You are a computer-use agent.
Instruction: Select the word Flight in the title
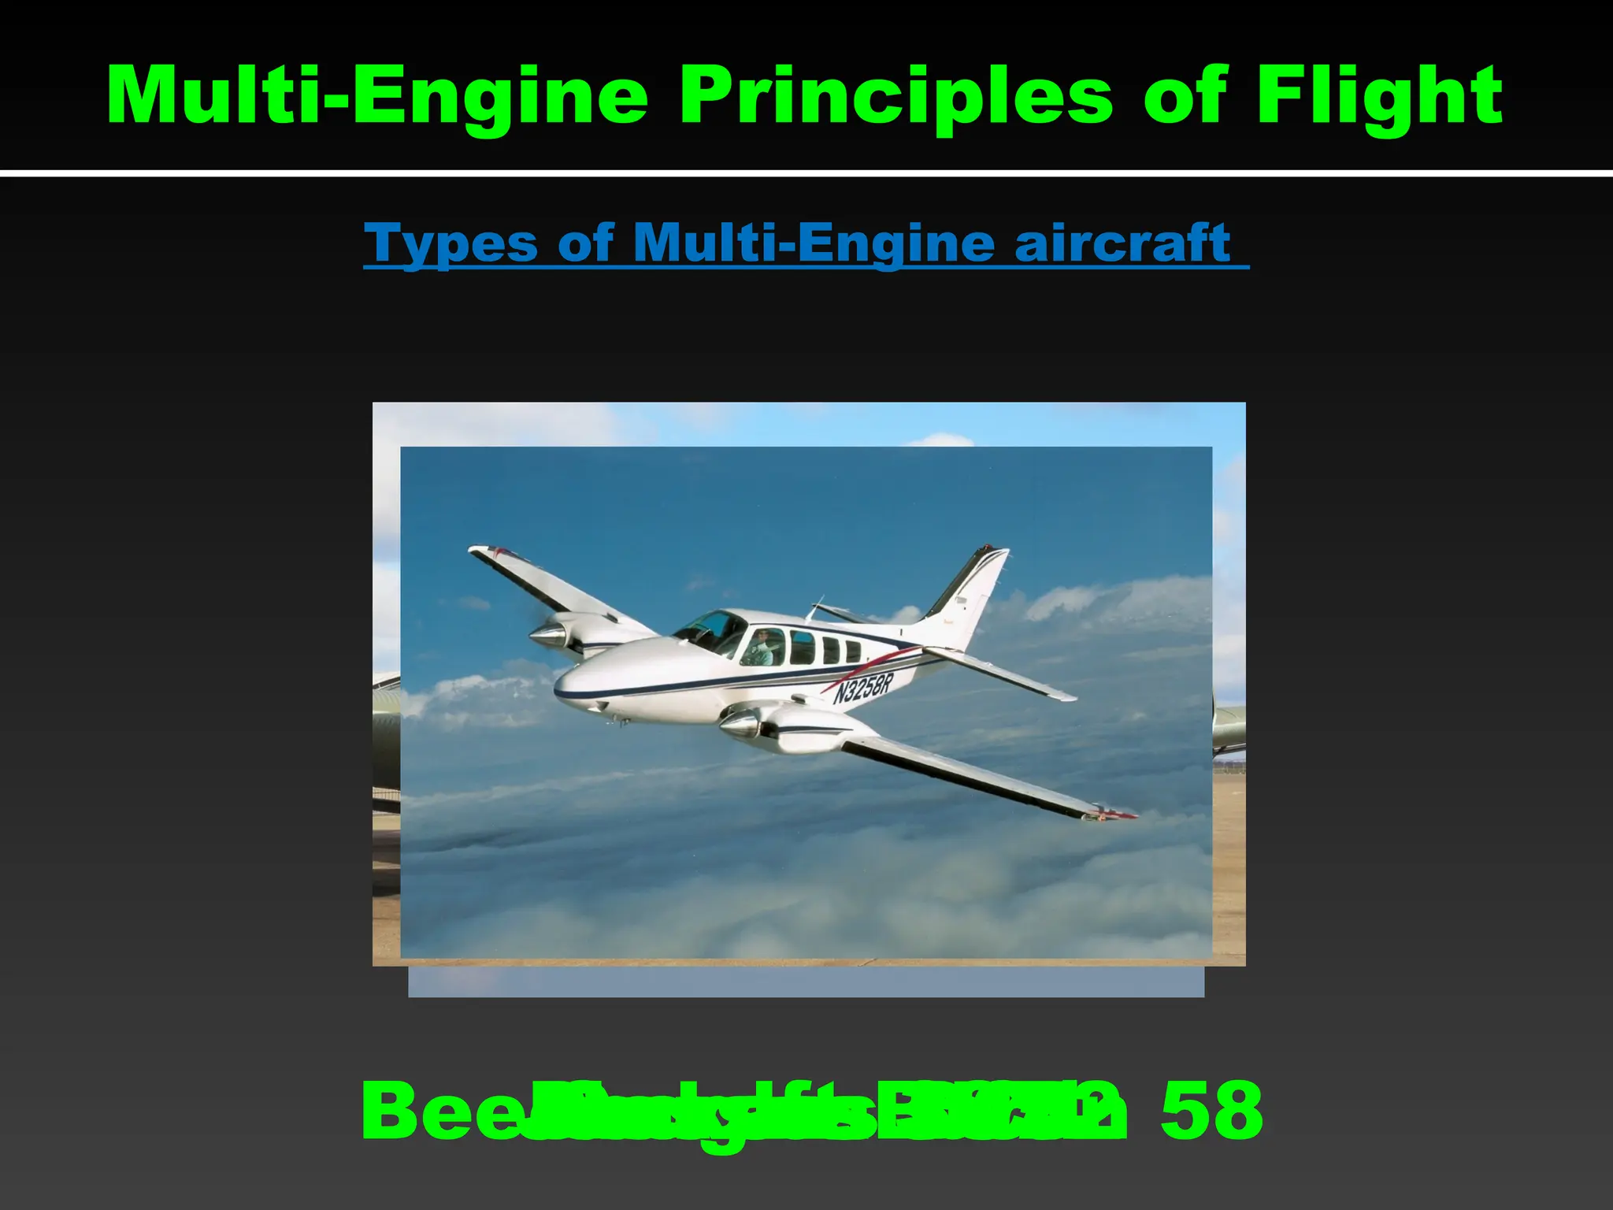point(1379,96)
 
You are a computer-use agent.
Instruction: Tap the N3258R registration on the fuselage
point(863,688)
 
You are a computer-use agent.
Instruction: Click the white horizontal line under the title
point(806,173)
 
